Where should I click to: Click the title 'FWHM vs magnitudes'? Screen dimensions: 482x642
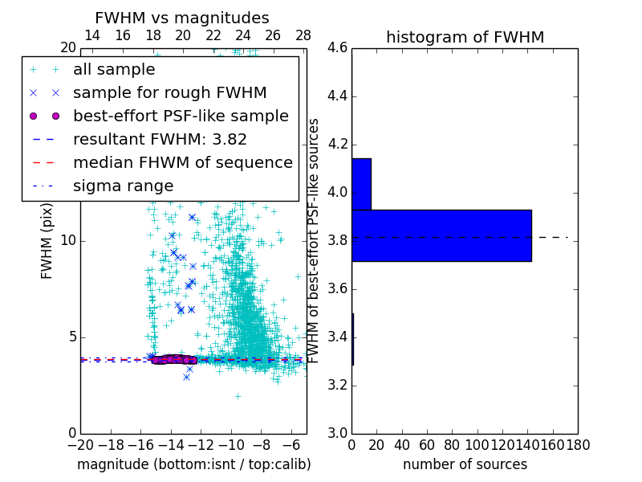coord(182,18)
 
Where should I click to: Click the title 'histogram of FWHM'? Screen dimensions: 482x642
coord(465,37)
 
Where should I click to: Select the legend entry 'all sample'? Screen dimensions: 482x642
coord(113,70)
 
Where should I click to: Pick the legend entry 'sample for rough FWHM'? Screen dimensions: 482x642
coord(169,92)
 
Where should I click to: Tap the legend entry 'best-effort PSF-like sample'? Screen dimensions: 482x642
coord(181,116)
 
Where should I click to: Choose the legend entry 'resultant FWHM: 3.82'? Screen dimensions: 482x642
coord(160,139)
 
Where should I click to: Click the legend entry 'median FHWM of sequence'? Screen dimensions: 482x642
coord(182,162)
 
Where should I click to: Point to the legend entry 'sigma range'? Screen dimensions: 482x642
coord(123,186)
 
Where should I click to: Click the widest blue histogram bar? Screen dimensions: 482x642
coord(441,235)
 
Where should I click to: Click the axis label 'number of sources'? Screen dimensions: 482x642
coord(465,464)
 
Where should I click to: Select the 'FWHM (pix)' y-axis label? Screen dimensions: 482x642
coord(47,240)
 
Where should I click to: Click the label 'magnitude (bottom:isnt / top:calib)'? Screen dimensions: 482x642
coord(193,464)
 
